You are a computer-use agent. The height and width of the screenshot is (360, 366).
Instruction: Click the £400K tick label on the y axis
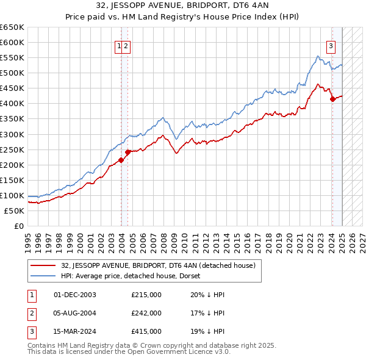[x=13, y=103]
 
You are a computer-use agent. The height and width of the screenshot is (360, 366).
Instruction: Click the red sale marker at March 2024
[x=332, y=98]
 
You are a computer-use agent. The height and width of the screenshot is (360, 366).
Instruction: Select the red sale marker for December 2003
[x=121, y=160]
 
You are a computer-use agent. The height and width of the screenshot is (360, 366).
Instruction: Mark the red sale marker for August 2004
[x=128, y=152]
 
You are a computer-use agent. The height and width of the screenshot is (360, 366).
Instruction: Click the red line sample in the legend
[x=43, y=265]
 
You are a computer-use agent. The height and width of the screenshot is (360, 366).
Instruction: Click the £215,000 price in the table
[x=146, y=294]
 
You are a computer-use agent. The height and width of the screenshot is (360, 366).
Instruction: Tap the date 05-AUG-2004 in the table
[x=75, y=313]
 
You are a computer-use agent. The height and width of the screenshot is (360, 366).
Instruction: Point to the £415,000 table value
[x=146, y=331]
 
